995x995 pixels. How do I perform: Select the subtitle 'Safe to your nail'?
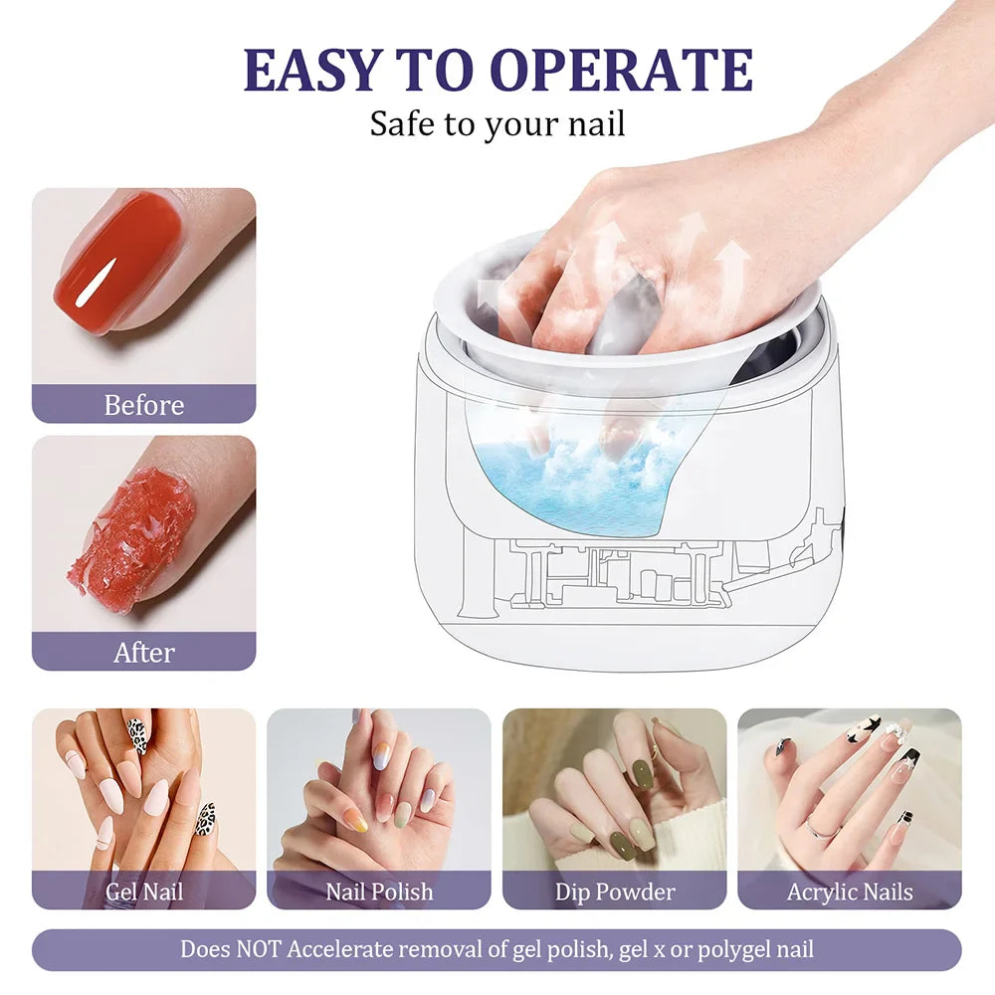pyautogui.click(x=497, y=123)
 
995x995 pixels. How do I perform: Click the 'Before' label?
pyautogui.click(x=144, y=405)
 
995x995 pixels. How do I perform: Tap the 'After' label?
pyautogui.click(x=144, y=653)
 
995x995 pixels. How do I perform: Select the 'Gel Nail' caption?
pyautogui.click(x=144, y=892)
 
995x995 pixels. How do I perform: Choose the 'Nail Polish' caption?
pyautogui.click(x=379, y=892)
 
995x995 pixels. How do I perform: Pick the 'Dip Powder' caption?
pyautogui.click(x=614, y=892)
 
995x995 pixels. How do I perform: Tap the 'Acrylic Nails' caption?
pyautogui.click(x=849, y=892)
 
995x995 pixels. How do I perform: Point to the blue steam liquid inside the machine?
pyautogui.click(x=587, y=478)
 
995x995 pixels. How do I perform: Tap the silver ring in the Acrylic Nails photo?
pyautogui.click(x=819, y=827)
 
